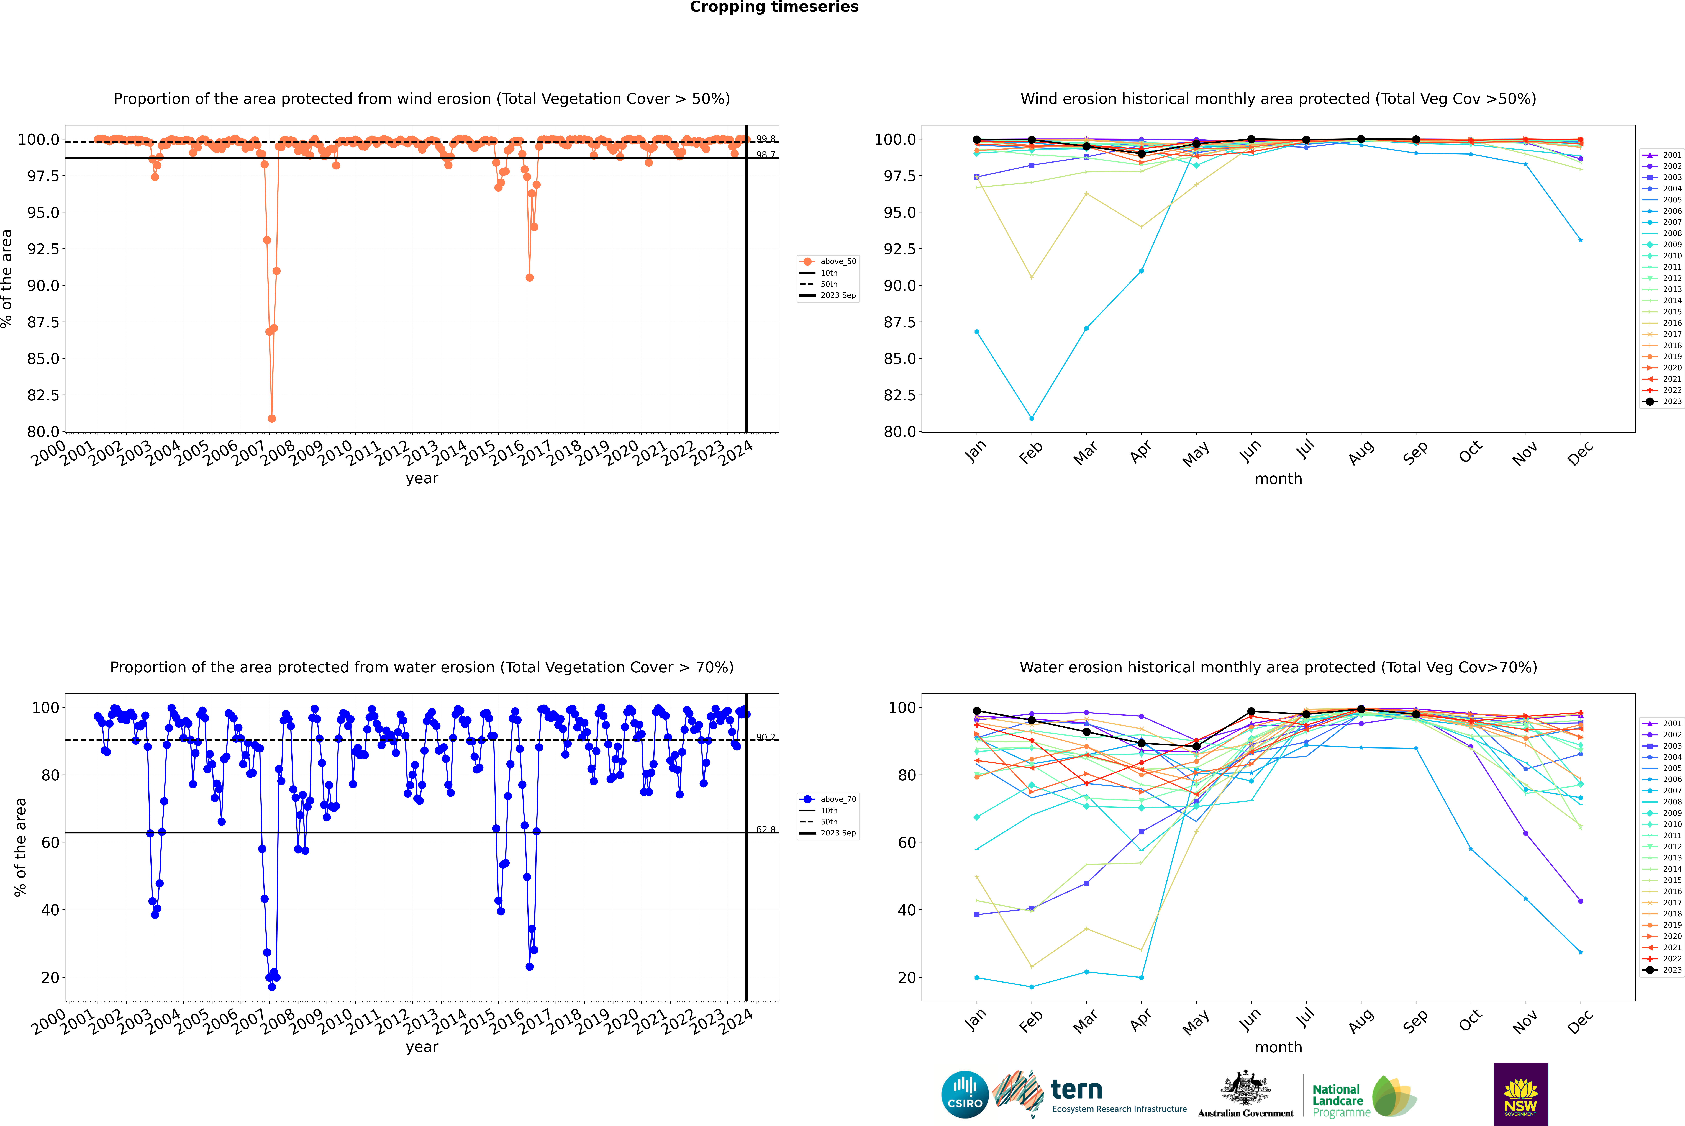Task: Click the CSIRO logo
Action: tap(965, 1094)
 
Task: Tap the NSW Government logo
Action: tap(1520, 1094)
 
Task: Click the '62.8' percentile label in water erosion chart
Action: tap(766, 829)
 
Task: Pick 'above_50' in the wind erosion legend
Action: tap(838, 261)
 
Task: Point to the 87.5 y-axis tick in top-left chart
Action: tap(43, 322)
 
